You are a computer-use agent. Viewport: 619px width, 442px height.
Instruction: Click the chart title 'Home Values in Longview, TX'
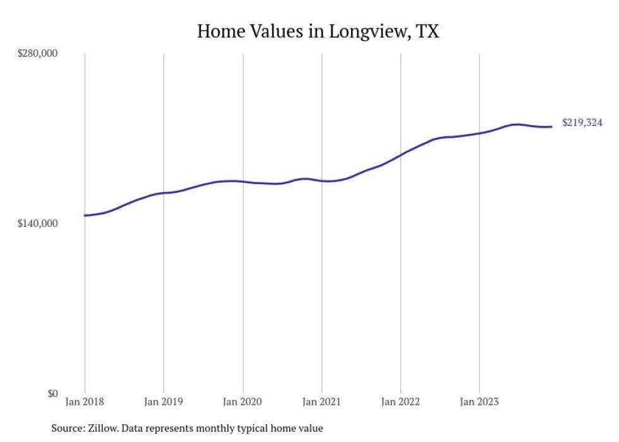click(x=318, y=31)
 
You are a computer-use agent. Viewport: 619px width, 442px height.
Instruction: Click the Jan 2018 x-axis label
click(x=85, y=402)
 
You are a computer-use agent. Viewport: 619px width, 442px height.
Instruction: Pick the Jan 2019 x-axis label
click(x=164, y=402)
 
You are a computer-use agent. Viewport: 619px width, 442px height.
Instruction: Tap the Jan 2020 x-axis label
click(x=243, y=402)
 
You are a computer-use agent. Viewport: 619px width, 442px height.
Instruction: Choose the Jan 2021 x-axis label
click(x=322, y=402)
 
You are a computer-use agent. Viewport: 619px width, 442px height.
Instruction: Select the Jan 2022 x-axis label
click(x=400, y=402)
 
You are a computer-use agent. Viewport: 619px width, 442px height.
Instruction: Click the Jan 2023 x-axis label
click(x=479, y=402)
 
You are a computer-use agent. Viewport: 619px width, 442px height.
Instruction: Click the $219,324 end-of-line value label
click(x=582, y=123)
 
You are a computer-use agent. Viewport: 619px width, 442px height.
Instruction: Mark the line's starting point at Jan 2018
click(x=85, y=216)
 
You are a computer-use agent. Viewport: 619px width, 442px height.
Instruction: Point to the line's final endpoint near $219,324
click(x=551, y=126)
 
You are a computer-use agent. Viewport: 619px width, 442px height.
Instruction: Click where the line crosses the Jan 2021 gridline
click(x=322, y=181)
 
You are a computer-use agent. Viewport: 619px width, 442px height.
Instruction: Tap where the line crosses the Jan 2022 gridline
click(x=400, y=154)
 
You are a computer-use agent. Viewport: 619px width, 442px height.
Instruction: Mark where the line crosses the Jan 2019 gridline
click(x=164, y=192)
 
